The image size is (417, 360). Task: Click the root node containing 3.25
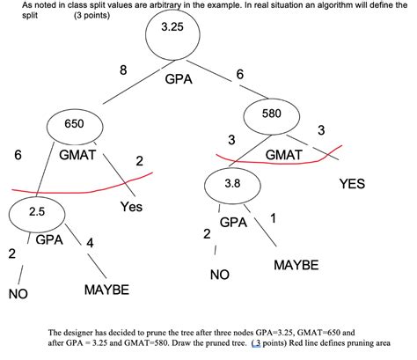(x=172, y=34)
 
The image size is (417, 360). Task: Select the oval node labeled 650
(x=74, y=124)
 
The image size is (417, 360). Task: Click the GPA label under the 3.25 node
(x=178, y=78)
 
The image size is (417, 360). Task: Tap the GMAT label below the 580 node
(x=283, y=154)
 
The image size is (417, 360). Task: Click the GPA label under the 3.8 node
(x=233, y=222)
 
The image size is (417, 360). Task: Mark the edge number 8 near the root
(x=123, y=70)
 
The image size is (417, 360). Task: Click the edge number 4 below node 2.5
(x=90, y=243)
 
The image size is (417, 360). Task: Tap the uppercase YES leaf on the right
(x=352, y=184)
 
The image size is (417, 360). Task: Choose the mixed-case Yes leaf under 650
(x=132, y=208)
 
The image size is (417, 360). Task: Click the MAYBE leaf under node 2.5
(x=106, y=289)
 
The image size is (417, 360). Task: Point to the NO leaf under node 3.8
(x=219, y=275)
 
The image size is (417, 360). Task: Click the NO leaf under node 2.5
(x=18, y=293)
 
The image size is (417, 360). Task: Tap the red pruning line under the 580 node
(x=264, y=161)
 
